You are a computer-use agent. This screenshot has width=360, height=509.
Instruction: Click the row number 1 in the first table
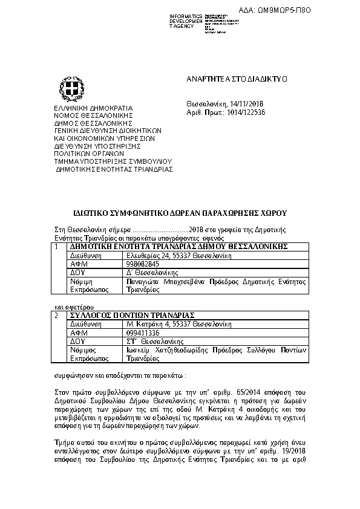click(x=57, y=247)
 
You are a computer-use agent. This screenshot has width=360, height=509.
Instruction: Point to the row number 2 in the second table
click(x=57, y=316)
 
